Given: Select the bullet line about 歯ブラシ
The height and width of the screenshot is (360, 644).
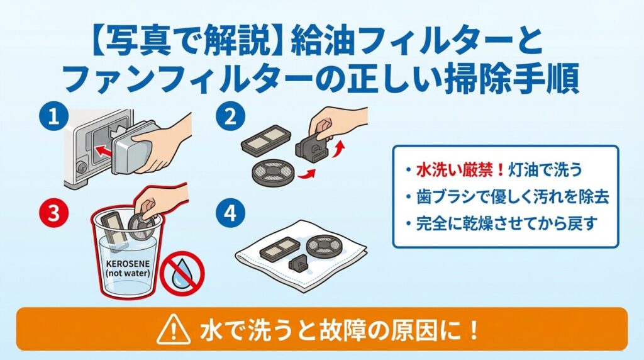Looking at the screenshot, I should point(506,198).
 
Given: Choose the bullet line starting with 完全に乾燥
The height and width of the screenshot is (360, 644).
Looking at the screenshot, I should point(501,223).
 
